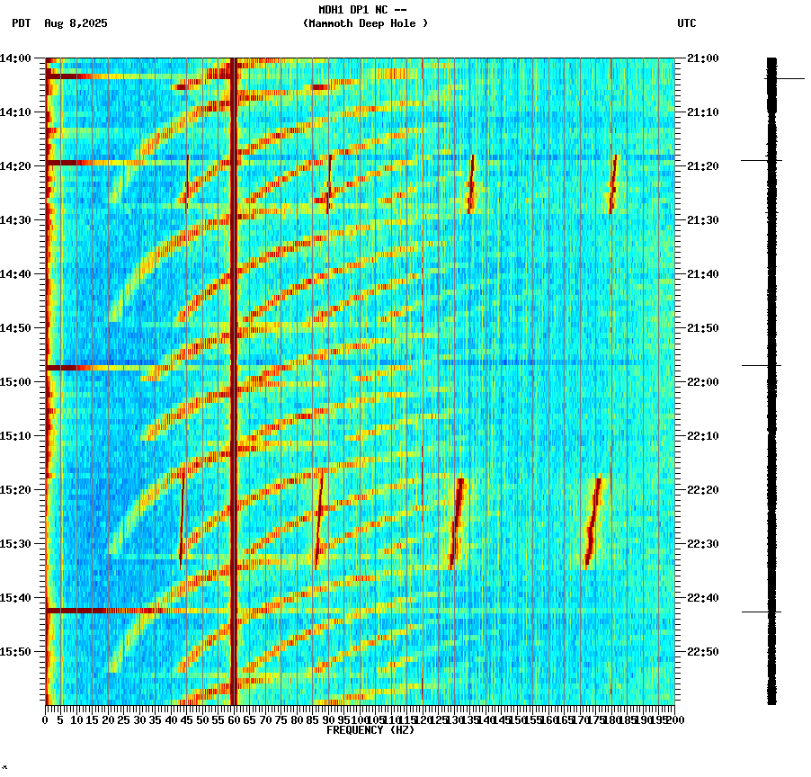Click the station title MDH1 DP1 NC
pos(362,10)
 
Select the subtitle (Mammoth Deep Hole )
pos(365,23)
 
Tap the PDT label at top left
pos(21,23)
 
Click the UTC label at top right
pos(687,23)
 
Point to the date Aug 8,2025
pos(76,23)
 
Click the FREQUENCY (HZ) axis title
pos(370,730)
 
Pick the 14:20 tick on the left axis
pos(16,166)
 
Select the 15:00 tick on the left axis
pos(16,382)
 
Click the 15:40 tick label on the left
pos(16,598)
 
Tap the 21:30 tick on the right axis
pos(702,220)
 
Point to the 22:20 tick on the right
pos(702,490)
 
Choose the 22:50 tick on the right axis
pos(702,652)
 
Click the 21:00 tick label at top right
pos(702,58)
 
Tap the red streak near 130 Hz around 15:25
pos(457,522)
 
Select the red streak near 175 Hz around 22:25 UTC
pos(593,522)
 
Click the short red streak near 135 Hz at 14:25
pos(471,184)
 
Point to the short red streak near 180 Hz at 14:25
pos(613,184)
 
